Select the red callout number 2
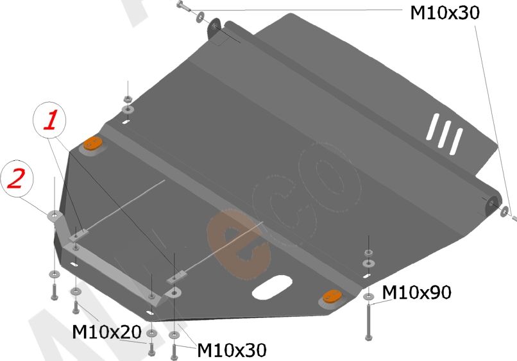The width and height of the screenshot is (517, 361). point(17,178)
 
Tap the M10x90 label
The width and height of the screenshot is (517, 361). point(416,292)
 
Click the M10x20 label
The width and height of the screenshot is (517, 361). point(106,332)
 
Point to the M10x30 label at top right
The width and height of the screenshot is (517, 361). point(445,13)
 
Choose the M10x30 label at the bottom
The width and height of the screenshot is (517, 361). point(232,350)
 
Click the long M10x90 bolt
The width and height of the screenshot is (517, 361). point(369,322)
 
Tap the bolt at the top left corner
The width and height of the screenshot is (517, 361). point(183,6)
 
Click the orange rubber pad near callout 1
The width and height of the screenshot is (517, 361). point(92,144)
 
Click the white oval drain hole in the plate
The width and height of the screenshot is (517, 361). point(272,287)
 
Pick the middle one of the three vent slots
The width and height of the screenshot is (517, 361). point(444,134)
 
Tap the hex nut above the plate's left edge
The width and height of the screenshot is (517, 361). point(128,99)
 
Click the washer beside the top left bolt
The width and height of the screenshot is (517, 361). point(200,17)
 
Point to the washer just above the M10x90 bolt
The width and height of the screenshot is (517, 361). point(368,296)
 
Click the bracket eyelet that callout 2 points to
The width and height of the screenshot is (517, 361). point(55,215)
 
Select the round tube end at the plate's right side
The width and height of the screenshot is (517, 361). point(492,203)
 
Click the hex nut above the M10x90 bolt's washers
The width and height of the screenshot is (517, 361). point(369,253)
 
